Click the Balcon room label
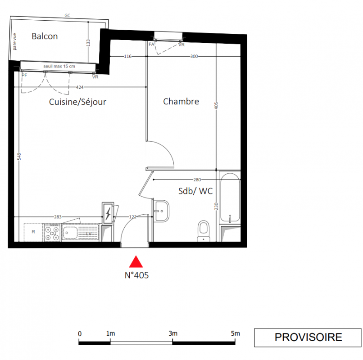(x=45, y=36)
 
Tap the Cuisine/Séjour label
(x=77, y=102)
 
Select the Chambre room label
(x=181, y=102)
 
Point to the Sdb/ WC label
(x=195, y=191)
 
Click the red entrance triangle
(x=136, y=261)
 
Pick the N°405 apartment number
(x=136, y=275)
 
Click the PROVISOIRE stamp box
(x=308, y=337)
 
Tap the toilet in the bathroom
(x=204, y=231)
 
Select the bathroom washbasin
(x=161, y=211)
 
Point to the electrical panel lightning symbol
(x=108, y=213)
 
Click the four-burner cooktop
(x=52, y=233)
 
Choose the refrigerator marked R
(x=33, y=232)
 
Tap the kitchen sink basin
(x=70, y=233)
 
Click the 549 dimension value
(x=19, y=157)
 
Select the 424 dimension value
(x=80, y=87)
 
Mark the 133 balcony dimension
(x=88, y=43)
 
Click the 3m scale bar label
(x=173, y=333)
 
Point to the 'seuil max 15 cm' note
(x=59, y=66)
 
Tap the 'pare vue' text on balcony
(x=14, y=42)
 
